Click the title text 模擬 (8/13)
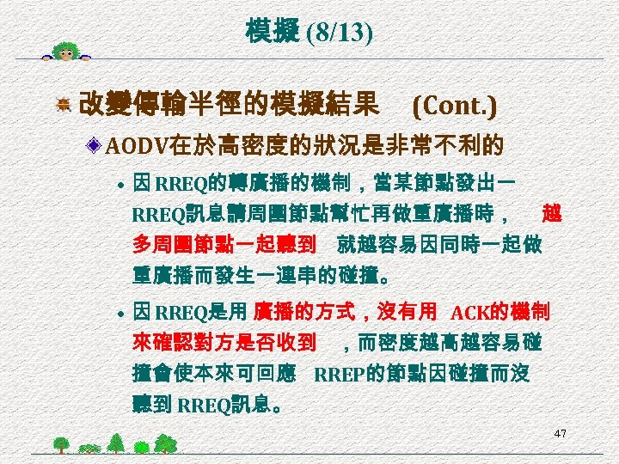(309, 34)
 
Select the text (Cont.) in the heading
(454, 106)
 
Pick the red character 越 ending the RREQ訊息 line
(552, 213)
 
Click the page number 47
(560, 434)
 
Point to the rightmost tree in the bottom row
(166, 443)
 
